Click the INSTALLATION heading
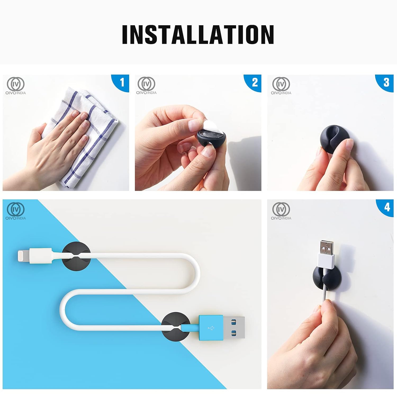pyautogui.click(x=198, y=34)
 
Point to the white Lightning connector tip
pyautogui.click(x=24, y=256)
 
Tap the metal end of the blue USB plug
pyautogui.click(x=234, y=328)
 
